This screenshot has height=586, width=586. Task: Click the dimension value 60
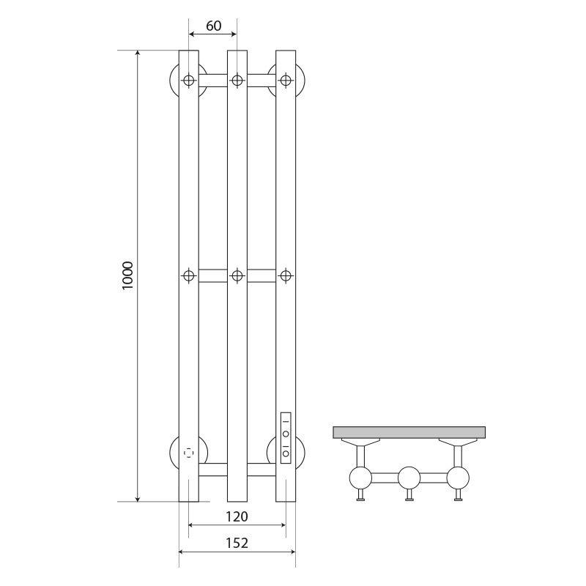[x=213, y=26]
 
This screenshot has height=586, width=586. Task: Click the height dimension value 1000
[x=127, y=276]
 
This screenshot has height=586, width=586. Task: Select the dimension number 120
[x=237, y=516]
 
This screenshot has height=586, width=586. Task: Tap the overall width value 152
[x=237, y=543]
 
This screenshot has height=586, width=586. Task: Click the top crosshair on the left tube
[x=189, y=80]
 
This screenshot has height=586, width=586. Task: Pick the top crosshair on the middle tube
[x=237, y=80]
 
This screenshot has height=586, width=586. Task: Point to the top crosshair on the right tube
[x=286, y=80]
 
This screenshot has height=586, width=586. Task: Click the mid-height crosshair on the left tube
[x=189, y=276]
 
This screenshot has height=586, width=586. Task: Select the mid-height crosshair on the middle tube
[x=237, y=276]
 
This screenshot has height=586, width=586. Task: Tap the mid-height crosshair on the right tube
[x=286, y=276]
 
